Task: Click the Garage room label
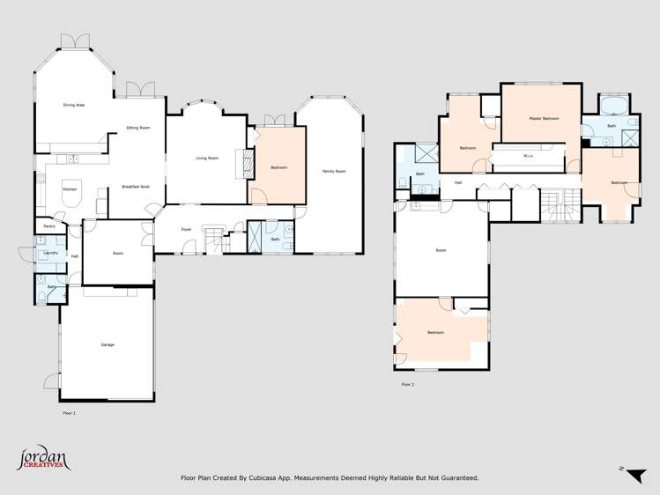coord(107,344)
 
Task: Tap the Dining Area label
coord(73,105)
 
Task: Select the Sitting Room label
coord(137,128)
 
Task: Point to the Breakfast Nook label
coord(135,187)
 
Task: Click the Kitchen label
coord(70,189)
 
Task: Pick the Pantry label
coord(48,226)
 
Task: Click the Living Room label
coord(207,158)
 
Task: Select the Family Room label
coord(333,171)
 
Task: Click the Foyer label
coord(187,229)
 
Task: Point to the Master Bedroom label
coord(544,118)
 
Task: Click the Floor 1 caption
coord(69,411)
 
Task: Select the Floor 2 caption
coord(407,384)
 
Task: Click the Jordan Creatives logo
coord(42,459)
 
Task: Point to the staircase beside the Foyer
coord(214,239)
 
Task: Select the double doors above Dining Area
coord(75,41)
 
